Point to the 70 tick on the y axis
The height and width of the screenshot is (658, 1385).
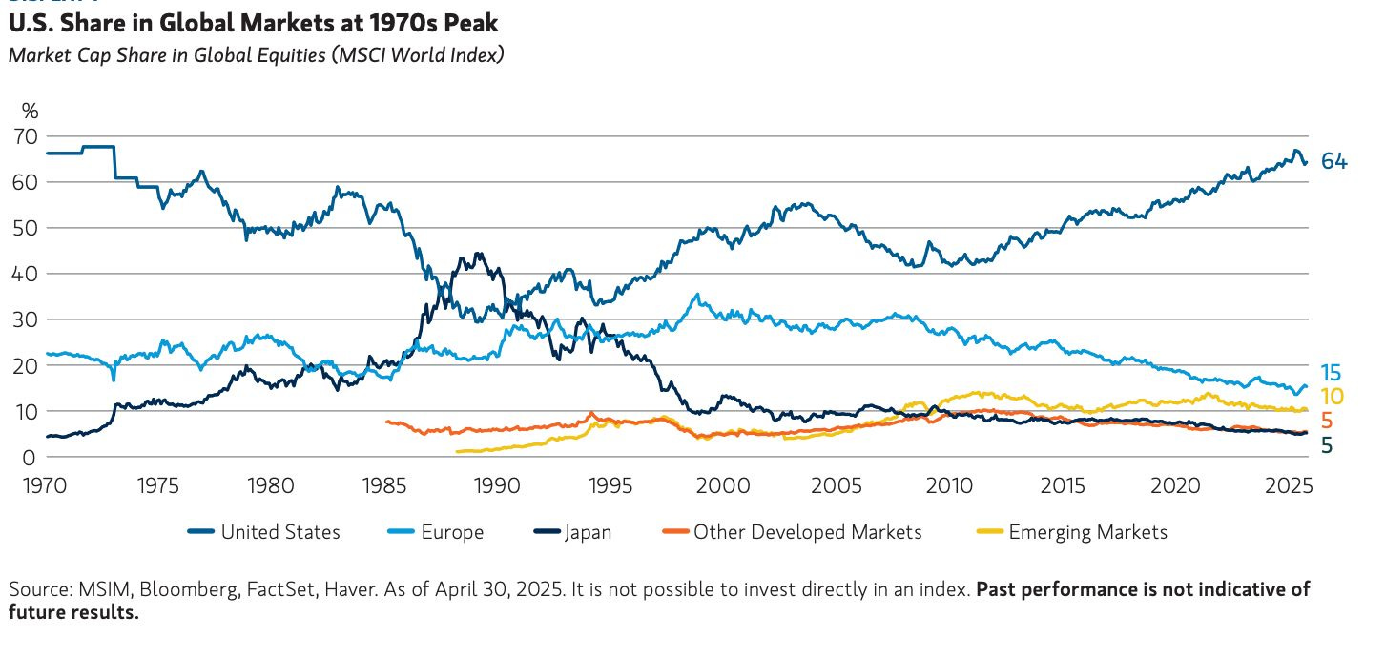coord(26,136)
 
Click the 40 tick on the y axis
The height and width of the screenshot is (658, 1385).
coord(26,274)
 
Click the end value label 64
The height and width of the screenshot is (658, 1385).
coord(1333,161)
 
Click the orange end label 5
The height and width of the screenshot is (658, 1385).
coord(1327,421)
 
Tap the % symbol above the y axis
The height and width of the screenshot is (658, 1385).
coord(30,109)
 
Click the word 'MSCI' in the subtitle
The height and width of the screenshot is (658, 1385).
coord(353,54)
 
